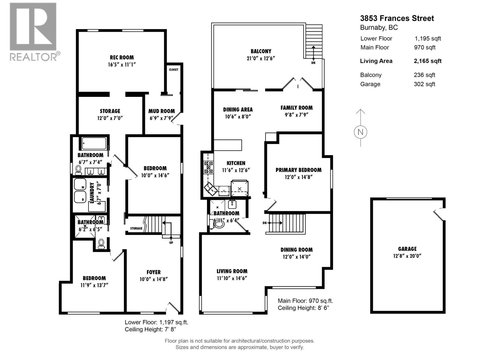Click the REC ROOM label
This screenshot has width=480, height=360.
(121, 57)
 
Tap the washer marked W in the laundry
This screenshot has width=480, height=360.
(80, 184)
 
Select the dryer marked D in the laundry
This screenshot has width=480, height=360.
(80, 197)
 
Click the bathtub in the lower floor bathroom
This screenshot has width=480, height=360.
(94, 143)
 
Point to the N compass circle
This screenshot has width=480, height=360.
(360, 132)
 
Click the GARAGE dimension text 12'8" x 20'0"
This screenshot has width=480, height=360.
(407, 256)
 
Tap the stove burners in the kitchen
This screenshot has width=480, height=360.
(208, 167)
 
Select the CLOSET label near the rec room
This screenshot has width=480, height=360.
(173, 70)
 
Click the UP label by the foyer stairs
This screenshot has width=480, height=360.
(171, 242)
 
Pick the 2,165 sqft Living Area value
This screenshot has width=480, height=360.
(427, 61)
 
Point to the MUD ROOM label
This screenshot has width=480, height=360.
(161, 111)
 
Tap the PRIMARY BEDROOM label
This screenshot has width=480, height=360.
(298, 170)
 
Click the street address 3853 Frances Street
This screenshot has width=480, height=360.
(397, 18)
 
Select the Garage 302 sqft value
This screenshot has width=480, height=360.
(424, 84)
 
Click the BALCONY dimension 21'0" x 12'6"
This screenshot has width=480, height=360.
(261, 58)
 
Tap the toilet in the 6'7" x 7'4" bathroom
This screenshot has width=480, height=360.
(79, 170)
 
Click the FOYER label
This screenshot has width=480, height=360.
(153, 272)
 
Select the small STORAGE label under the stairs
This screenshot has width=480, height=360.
(136, 228)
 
